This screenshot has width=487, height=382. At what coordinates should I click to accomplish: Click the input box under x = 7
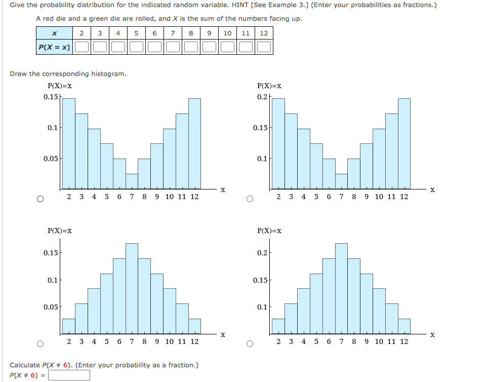173,47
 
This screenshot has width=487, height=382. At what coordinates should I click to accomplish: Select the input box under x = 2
82,47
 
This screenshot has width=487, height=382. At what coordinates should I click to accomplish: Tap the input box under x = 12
264,47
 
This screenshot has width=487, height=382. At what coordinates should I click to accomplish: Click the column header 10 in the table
227,33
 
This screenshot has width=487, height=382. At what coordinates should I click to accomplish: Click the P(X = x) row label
54,47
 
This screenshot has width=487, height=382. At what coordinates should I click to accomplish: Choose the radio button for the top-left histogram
39,199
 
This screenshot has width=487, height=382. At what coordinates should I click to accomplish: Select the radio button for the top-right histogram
250,199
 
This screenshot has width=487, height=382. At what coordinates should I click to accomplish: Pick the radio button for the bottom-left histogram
39,344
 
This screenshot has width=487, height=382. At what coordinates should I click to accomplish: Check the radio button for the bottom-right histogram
250,344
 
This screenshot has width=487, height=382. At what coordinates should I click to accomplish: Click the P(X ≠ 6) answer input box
69,375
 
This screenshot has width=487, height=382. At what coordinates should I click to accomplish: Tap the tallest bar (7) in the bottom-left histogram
132,289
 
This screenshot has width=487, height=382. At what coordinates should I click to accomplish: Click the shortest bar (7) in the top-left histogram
132,181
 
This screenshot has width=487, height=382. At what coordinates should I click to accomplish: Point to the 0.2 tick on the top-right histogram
262,97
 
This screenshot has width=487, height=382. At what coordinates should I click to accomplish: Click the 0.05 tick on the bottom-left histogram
52,307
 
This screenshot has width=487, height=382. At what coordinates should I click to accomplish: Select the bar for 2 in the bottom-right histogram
278,327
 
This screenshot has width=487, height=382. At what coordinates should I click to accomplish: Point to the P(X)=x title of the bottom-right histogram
269,231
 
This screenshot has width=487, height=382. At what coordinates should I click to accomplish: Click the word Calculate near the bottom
25,365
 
